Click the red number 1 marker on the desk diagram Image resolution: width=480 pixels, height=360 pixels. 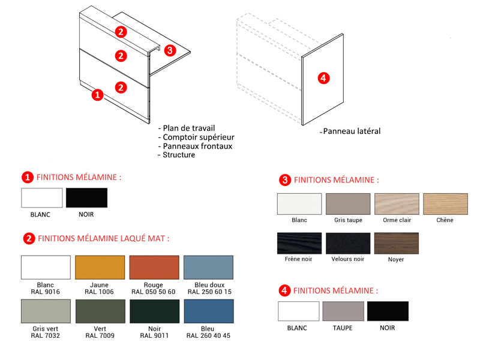click(97, 95)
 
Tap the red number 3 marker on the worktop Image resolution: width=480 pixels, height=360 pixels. click(170, 50)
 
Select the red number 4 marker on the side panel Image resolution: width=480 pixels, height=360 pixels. click(323, 78)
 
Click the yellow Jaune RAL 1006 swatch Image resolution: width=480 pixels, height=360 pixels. click(100, 267)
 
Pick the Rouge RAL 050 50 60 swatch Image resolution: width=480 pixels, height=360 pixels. click(154, 267)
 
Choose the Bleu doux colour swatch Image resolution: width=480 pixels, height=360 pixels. click(208, 267)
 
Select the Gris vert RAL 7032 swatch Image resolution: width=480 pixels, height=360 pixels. click(46, 311)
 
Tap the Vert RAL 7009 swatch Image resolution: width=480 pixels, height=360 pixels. click(100, 311)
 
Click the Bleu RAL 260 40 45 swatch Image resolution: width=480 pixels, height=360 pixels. click(209, 311)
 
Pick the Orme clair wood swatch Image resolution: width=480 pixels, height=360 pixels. click(397, 204)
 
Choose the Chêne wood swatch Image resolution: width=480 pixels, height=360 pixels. click(445, 204)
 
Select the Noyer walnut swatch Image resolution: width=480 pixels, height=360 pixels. click(397, 243)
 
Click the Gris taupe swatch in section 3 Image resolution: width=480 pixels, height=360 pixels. click(348, 204)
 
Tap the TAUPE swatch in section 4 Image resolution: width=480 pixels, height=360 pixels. click(343, 311)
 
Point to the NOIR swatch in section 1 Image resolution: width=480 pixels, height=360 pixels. click(86, 198)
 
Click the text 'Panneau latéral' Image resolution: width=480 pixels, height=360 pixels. click(352, 131)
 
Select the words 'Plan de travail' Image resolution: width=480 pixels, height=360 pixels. click(189, 128)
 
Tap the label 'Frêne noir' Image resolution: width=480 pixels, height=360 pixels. click(298, 259)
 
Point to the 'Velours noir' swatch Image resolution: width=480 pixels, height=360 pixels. click(348, 243)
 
